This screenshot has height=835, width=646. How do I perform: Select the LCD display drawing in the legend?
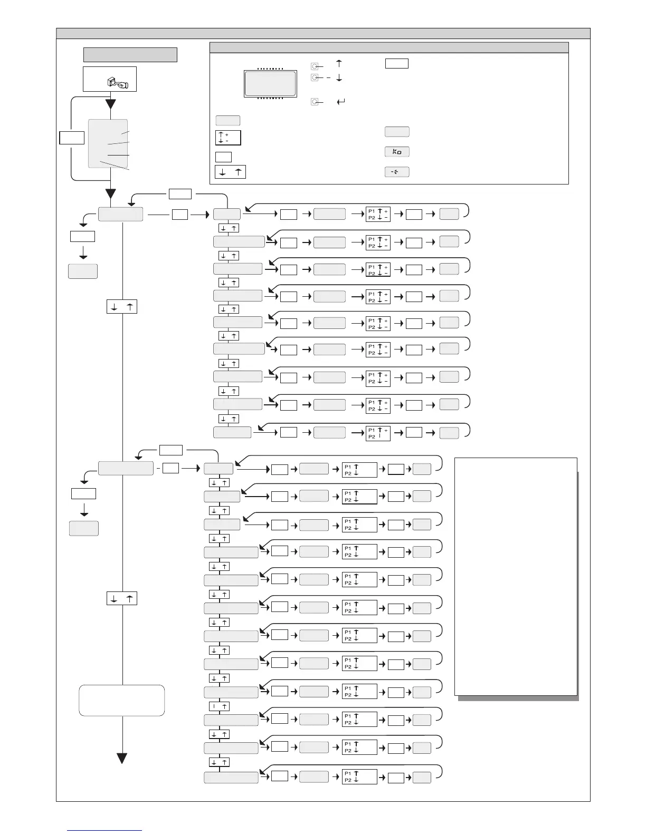(x=270, y=83)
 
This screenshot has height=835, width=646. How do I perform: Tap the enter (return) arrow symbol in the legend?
(x=340, y=101)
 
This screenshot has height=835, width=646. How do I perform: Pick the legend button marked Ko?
(x=397, y=152)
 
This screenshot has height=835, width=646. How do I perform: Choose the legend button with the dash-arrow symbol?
(x=397, y=172)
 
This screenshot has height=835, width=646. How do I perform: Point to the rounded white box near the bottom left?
(x=121, y=700)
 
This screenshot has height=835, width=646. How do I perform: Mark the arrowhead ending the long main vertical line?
(x=122, y=759)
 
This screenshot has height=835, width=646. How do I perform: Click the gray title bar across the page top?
(x=323, y=33)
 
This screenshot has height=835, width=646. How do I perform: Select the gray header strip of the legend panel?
(x=389, y=47)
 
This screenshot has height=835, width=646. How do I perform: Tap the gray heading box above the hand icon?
(x=130, y=55)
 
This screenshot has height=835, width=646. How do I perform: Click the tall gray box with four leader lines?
(x=108, y=143)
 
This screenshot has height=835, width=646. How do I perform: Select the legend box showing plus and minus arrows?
(x=228, y=138)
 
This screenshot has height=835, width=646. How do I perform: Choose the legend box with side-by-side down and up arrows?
(x=230, y=172)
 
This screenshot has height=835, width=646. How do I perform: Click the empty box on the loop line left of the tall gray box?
(x=72, y=138)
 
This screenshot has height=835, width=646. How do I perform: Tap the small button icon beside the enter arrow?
(x=315, y=101)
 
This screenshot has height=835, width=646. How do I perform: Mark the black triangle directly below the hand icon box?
(x=110, y=103)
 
